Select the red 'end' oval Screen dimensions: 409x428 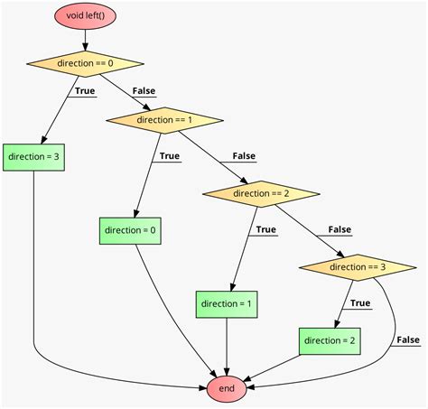coord(226,388)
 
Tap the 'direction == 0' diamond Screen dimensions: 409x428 coord(85,64)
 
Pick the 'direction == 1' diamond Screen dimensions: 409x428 coord(164,120)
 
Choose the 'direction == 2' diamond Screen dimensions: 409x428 coord(261,193)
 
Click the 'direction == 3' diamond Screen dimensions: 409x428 coord(358,267)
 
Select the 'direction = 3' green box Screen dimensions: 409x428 coord(33,156)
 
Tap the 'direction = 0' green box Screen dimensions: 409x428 coord(130,230)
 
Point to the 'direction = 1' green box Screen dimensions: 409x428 coord(226,304)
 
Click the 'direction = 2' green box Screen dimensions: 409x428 coord(330,340)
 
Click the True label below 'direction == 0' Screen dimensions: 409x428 coord(85,90)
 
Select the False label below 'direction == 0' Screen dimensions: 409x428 coord(144,90)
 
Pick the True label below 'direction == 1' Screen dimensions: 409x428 coord(170,155)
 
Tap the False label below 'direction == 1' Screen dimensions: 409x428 coord(244,155)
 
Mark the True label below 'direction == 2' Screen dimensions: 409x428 coord(265,229)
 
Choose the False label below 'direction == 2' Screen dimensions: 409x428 coord(340,229)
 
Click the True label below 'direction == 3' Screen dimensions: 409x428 coord(360,303)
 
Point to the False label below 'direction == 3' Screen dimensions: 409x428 coord(408,339)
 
